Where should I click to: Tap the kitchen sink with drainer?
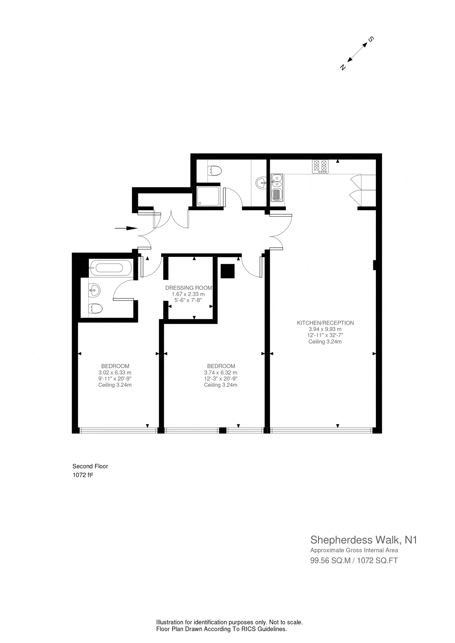tap(277, 188)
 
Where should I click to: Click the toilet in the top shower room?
tap(215, 170)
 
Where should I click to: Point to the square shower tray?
tap(208, 196)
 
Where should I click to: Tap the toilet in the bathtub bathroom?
tap(95, 309)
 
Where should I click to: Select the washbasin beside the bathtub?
tap(94, 290)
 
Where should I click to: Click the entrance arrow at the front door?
tap(126, 228)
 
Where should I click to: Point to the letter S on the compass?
tap(371, 39)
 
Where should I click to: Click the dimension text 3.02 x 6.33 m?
tap(115, 373)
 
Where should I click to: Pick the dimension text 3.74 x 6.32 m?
tap(221, 373)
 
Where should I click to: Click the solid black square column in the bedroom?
tap(227, 271)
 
